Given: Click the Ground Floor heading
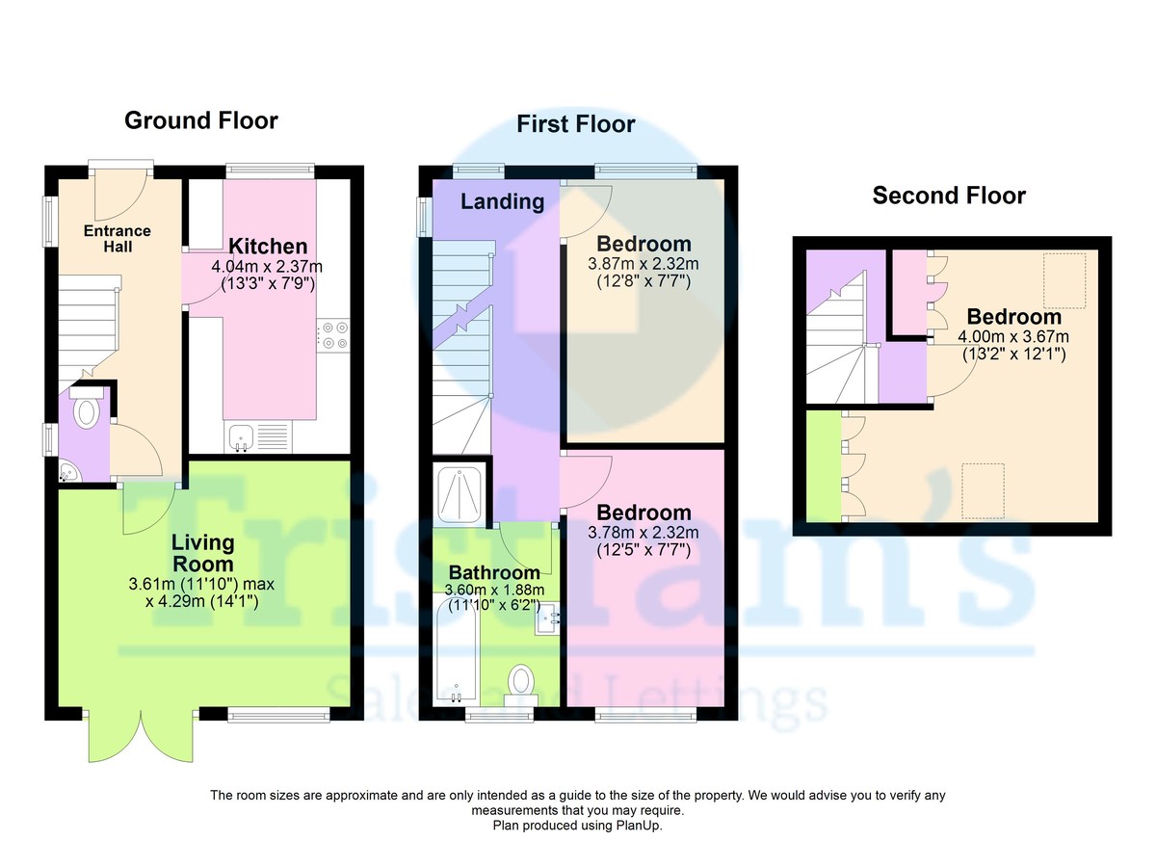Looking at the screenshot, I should pyautogui.click(x=201, y=120).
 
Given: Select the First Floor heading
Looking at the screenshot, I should pyautogui.click(x=575, y=124).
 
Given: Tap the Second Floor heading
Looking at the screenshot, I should pyautogui.click(x=949, y=196).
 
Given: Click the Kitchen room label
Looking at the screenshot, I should pyautogui.click(x=268, y=247).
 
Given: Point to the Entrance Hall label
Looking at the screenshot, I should pyautogui.click(x=118, y=238).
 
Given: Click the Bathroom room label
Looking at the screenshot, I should pyautogui.click(x=494, y=573).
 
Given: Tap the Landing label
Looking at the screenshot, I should pyautogui.click(x=502, y=201).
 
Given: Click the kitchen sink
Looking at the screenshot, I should pyautogui.click(x=240, y=438).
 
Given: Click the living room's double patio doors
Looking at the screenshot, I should pyautogui.click(x=142, y=737).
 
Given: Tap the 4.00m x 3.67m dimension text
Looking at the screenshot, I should pyautogui.click(x=1013, y=336).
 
